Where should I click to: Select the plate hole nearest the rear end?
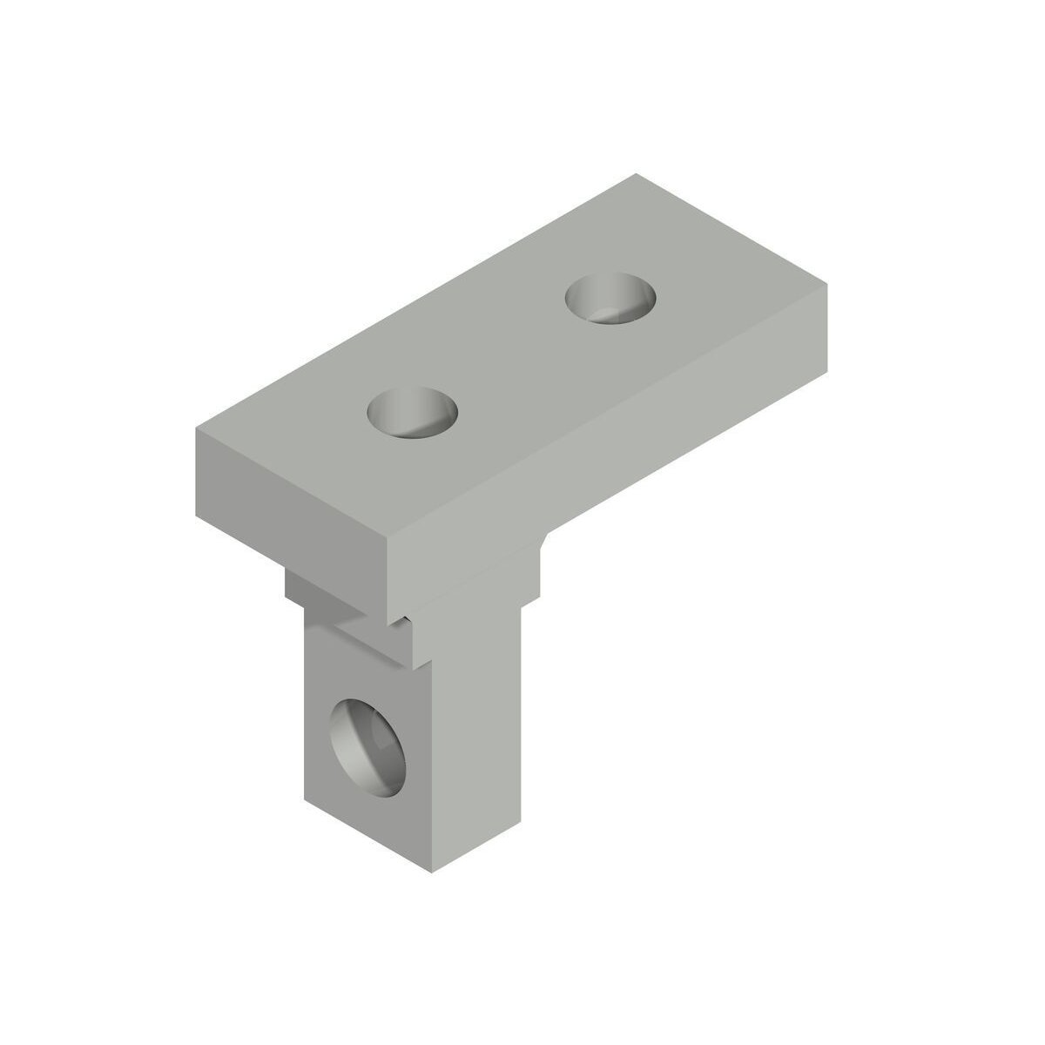tap(610, 297)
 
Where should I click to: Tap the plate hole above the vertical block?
tap(413, 414)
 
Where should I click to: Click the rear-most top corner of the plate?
tap(636, 174)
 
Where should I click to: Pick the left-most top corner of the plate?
tap(193, 430)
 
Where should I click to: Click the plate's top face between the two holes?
tap(512, 355)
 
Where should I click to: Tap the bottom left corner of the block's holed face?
tap(304, 799)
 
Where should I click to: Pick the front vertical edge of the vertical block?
tap(433, 766)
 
